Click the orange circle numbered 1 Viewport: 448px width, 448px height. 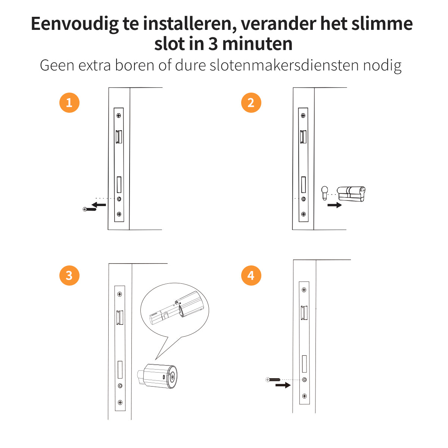[x=69, y=103]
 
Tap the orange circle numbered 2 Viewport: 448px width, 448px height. [x=251, y=103]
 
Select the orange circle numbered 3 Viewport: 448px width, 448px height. [x=69, y=276]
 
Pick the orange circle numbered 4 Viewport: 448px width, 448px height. [x=251, y=276]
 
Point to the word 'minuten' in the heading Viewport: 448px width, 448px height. [x=257, y=44]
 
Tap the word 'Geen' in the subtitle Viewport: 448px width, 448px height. [x=57, y=65]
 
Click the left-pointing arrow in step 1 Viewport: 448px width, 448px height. [x=99, y=205]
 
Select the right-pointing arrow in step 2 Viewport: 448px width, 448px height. [x=335, y=205]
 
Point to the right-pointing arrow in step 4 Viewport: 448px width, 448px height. [x=283, y=385]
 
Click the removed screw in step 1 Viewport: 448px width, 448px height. [x=90, y=209]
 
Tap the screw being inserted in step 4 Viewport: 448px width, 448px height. [x=273, y=380]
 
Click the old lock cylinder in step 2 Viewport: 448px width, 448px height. [x=351, y=193]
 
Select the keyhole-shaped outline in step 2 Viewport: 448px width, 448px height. [x=324, y=193]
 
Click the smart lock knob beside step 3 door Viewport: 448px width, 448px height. [x=158, y=376]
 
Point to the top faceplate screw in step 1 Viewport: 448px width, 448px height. [x=119, y=115]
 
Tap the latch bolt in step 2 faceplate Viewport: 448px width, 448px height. [x=304, y=137]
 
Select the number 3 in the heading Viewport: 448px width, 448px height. [x=213, y=44]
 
